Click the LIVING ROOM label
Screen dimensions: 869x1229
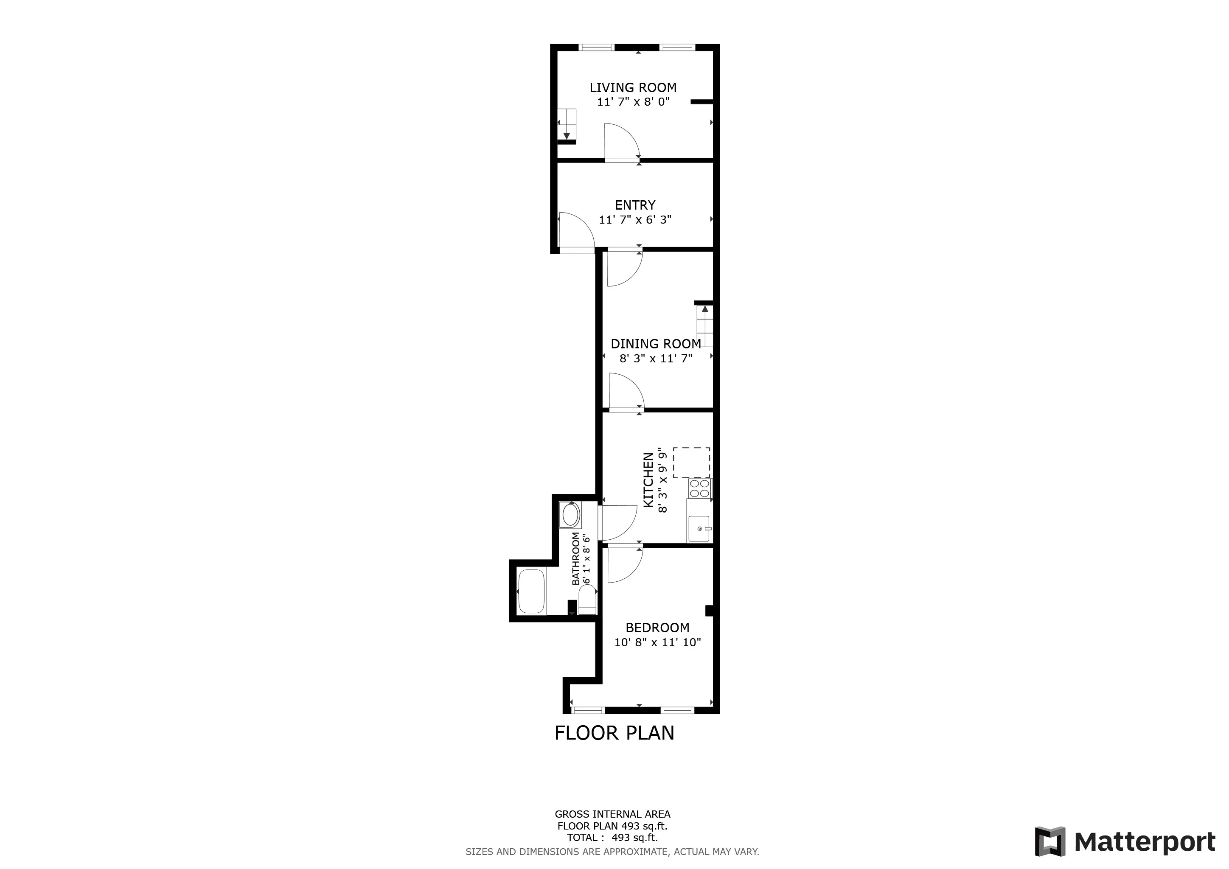point(633,88)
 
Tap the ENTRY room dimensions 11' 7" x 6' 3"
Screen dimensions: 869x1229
point(635,219)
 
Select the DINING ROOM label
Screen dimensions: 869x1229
point(656,344)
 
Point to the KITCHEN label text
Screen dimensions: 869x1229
point(648,480)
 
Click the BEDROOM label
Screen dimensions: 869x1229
point(657,628)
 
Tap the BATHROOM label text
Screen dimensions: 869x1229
point(576,559)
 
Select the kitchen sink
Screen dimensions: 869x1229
point(699,529)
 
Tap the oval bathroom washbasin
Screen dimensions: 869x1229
point(570,515)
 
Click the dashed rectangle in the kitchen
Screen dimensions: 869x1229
point(692,463)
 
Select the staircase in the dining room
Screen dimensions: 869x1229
point(705,326)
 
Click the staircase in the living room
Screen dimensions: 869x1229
point(567,124)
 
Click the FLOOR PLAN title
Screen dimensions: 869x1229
point(614,733)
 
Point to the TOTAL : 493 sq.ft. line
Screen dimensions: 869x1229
point(612,838)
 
